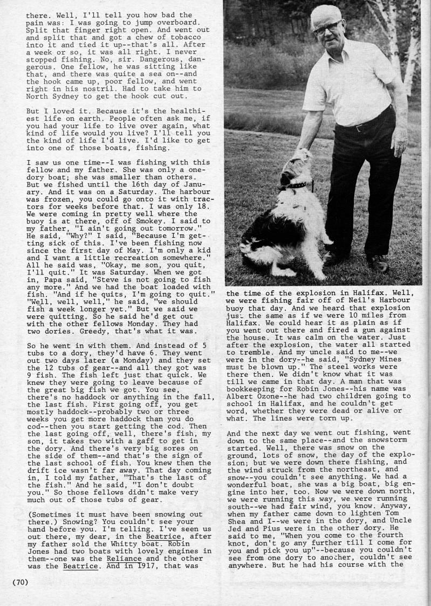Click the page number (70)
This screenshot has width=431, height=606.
click(x=20, y=582)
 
